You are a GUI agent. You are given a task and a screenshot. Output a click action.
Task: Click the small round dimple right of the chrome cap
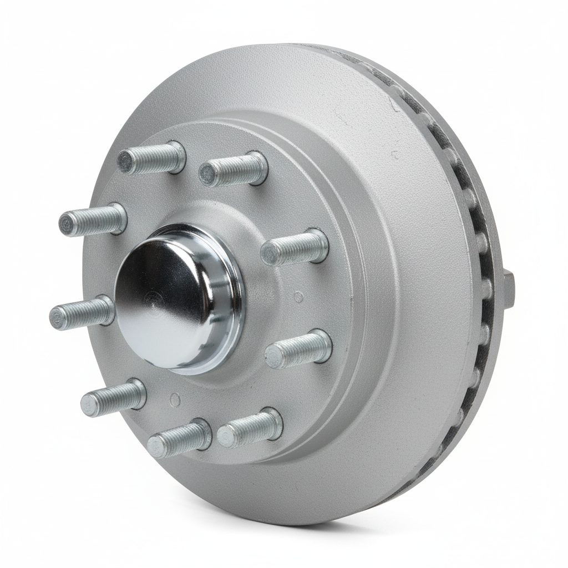coord(298,297)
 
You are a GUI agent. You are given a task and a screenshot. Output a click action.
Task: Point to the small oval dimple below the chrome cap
coord(175,399)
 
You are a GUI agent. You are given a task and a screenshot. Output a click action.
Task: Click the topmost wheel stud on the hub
coord(151,158)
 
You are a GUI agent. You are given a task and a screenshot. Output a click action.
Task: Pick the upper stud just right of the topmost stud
coord(233,169)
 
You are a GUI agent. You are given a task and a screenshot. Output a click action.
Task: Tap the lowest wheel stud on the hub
coord(179,438)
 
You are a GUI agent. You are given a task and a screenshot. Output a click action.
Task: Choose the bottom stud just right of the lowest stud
coord(250,428)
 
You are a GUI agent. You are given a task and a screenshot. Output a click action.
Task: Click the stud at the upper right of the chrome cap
coord(295,247)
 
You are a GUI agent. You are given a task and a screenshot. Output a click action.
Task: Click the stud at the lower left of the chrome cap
coord(113,398)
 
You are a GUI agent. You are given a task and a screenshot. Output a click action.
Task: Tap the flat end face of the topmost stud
coord(125,162)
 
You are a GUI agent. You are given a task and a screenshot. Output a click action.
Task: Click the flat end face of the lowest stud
coord(157,446)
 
